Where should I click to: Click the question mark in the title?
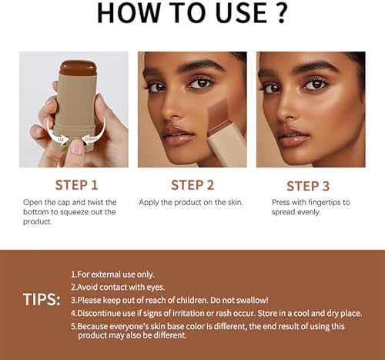[281, 13]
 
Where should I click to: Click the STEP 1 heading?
[76, 185]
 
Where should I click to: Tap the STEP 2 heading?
[192, 185]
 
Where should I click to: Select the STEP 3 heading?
[308, 186]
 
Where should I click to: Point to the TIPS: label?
[42, 300]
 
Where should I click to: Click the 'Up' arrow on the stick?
[58, 133]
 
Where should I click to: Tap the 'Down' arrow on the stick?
[94, 133]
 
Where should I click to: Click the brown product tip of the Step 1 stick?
[78, 68]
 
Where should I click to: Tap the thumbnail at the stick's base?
[77, 147]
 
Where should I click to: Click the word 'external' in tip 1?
[105, 274]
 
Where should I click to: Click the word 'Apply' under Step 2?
[149, 203]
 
